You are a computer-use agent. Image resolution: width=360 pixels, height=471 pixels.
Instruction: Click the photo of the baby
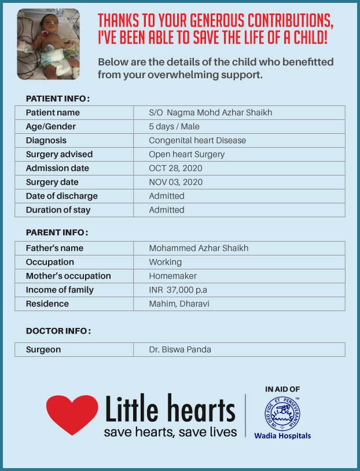48,44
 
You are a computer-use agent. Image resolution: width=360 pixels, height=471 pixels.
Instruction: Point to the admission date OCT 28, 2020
175,169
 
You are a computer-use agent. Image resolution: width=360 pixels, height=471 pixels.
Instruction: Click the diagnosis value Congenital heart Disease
197,141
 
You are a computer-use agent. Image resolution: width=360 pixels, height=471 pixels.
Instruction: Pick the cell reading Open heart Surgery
186,155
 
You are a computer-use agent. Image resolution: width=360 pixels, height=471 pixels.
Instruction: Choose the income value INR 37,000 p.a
181,290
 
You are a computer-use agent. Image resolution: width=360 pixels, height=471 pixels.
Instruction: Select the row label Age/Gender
51,127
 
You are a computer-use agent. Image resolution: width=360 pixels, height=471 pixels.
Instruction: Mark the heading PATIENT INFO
57,98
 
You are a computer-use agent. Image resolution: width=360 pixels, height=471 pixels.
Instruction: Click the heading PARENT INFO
57,233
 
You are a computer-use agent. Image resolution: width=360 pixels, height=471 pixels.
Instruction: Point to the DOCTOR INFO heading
58,331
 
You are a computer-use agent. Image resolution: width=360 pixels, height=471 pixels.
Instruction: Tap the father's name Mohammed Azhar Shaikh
199,249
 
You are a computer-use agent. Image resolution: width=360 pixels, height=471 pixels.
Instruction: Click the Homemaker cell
172,276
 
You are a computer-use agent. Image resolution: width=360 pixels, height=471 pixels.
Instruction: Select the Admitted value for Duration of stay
167,210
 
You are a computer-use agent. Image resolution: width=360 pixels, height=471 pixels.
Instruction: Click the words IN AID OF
282,389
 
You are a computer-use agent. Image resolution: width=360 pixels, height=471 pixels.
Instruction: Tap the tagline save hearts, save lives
170,432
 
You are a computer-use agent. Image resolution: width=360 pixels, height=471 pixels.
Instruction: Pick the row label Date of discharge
61,196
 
